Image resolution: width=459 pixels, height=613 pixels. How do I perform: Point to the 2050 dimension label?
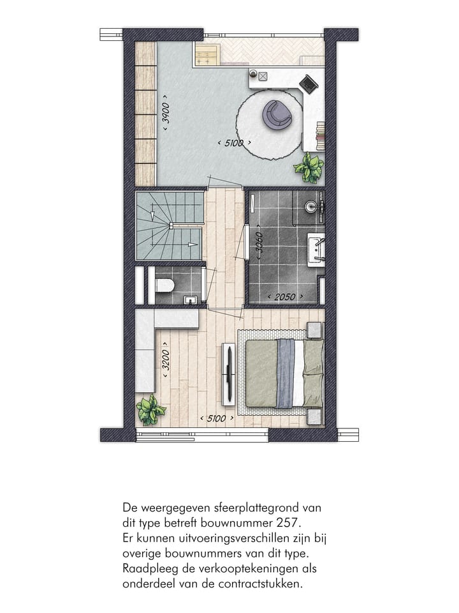[x=282, y=297]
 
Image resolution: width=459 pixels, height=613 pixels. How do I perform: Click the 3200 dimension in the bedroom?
[x=166, y=361]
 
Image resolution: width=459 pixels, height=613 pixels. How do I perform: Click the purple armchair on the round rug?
[x=279, y=114]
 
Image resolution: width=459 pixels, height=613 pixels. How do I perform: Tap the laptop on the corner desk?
[x=309, y=83]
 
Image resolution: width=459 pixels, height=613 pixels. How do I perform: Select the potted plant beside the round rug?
[x=309, y=167]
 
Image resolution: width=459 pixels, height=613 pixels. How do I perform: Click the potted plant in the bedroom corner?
[x=151, y=409]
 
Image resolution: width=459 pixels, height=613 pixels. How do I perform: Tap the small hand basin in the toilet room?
[x=189, y=299]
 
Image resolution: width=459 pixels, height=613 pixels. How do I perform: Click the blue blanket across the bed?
[x=286, y=373]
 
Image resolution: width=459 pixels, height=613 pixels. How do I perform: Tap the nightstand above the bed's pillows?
[x=314, y=330]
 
